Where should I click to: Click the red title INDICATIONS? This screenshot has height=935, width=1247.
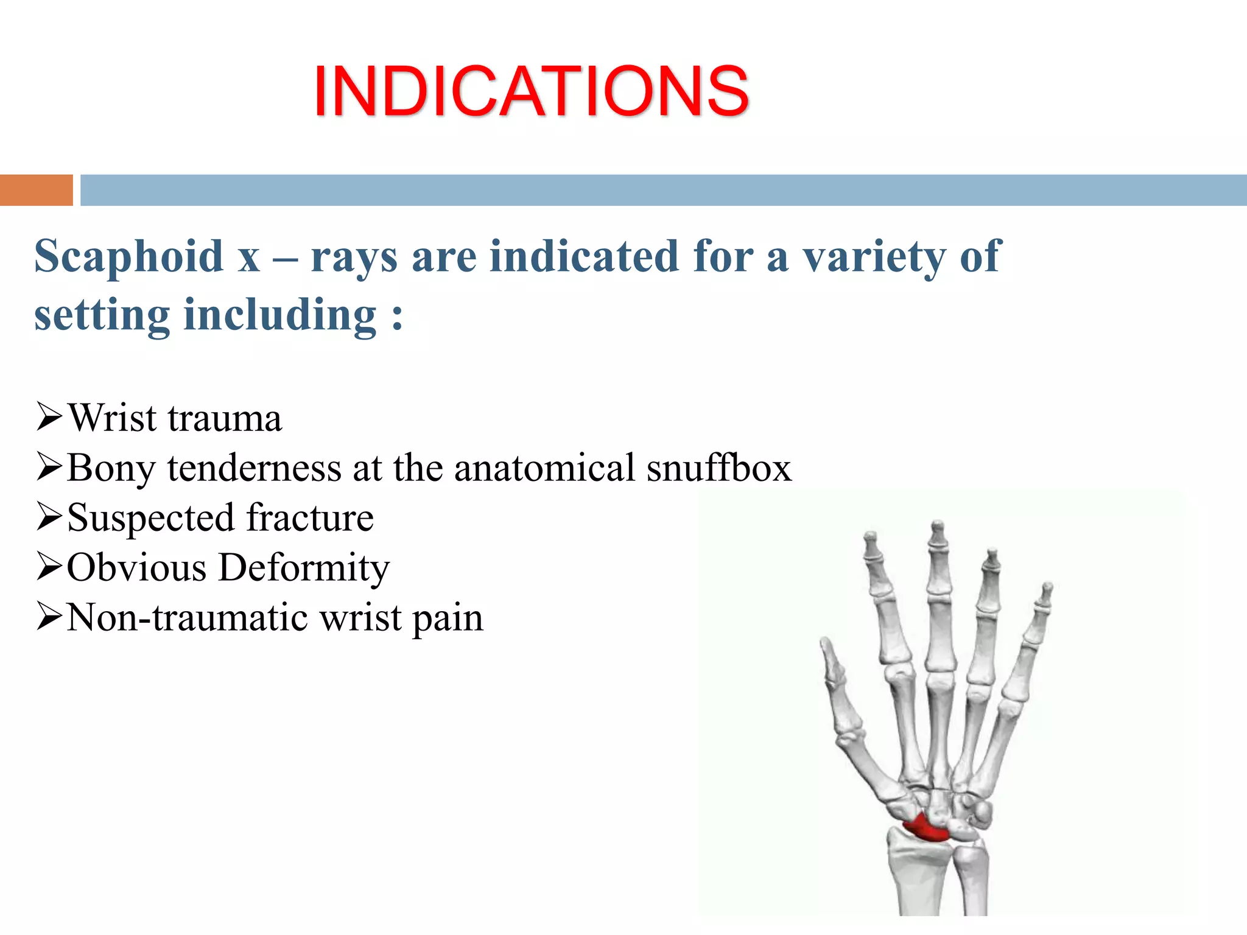(531, 91)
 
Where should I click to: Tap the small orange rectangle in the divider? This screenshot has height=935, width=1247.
(36, 190)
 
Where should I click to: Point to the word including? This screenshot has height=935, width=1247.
(280, 315)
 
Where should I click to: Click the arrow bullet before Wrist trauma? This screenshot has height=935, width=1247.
(49, 417)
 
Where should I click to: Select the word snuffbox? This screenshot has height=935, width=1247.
(718, 468)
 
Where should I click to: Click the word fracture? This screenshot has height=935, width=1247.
(311, 518)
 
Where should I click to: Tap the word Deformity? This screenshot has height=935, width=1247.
(304, 569)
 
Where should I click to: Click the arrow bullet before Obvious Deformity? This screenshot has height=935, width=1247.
(49, 567)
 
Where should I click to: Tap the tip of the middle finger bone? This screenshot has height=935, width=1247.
(938, 525)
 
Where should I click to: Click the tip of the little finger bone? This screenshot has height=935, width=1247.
(1047, 587)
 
